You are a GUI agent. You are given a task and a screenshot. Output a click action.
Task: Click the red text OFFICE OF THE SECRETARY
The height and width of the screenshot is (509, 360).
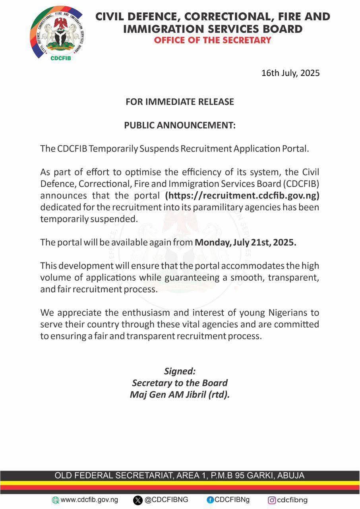(x=213, y=40)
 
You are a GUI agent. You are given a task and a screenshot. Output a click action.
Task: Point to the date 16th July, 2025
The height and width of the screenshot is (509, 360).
(x=290, y=73)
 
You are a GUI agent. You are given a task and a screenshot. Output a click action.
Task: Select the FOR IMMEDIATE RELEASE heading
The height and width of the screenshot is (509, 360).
(x=180, y=102)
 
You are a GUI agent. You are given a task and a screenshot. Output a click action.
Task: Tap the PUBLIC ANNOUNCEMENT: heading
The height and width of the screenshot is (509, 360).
(x=180, y=126)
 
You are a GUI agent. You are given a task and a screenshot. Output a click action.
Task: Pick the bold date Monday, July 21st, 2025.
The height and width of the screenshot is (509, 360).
(x=245, y=243)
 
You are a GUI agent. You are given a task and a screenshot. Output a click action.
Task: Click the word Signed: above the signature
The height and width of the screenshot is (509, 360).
(x=180, y=371)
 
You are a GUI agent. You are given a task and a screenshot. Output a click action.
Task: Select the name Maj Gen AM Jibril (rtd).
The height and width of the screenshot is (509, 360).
(x=180, y=395)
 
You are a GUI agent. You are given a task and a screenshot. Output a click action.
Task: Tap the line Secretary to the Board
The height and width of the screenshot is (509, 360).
(x=180, y=383)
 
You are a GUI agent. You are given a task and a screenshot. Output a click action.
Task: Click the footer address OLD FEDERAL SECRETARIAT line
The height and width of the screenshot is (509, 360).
(x=180, y=476)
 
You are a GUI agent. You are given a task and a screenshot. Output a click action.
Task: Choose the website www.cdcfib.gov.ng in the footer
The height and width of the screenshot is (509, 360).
(x=89, y=500)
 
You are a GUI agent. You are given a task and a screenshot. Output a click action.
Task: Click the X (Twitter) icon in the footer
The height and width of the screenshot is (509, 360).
(x=138, y=500)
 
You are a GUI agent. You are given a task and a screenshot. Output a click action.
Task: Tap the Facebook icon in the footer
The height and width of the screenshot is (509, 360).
(x=210, y=500)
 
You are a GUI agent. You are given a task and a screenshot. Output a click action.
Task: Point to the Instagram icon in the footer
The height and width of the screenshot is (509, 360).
(x=272, y=500)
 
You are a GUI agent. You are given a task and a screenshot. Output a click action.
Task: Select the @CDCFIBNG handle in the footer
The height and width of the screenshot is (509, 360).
(x=166, y=500)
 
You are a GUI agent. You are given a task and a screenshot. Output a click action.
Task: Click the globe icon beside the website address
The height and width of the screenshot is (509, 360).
(x=56, y=500)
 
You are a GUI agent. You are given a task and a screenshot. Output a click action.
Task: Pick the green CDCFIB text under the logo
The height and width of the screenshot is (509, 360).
(x=61, y=56)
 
